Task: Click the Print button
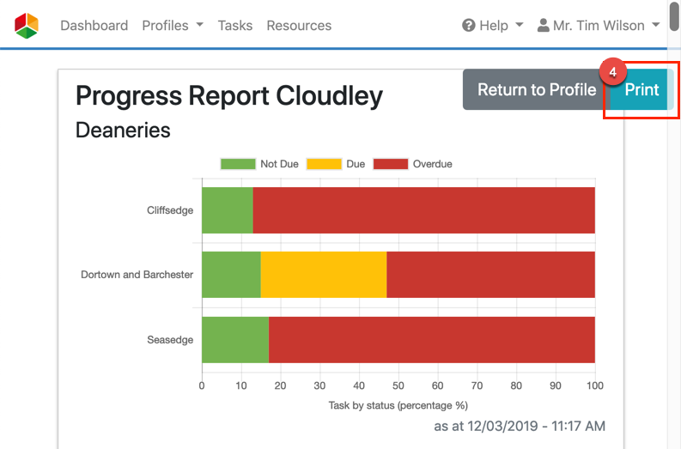641,90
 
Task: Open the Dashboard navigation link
94,26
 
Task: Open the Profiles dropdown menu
173,26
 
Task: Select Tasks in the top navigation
235,26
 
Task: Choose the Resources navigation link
299,26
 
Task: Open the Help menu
492,26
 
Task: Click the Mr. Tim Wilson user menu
598,26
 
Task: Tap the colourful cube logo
27,26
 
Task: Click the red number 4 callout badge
612,73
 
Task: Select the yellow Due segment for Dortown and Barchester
323,275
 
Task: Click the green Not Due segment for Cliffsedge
227,210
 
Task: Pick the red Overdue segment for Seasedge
431,339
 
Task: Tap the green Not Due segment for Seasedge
234,339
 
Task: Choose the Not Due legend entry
259,164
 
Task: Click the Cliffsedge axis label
170,210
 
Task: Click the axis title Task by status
398,405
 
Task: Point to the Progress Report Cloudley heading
229,96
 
